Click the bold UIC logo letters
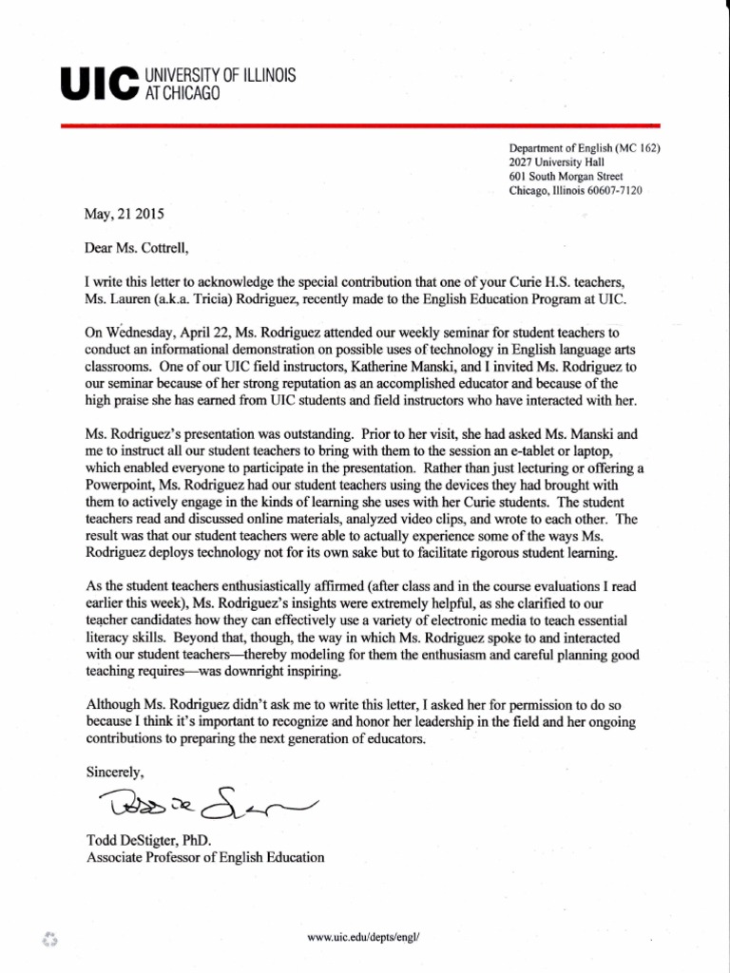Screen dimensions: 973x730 tap(98, 84)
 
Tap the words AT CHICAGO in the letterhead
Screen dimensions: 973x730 tap(182, 93)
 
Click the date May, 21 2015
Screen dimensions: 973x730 tap(125, 214)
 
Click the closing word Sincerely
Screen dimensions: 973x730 tap(116, 772)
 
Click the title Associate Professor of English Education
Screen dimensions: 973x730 tap(205, 857)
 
